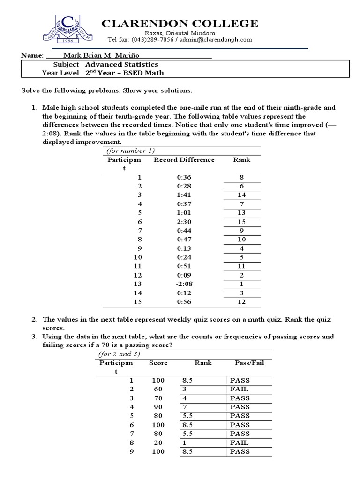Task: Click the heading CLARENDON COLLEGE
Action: click(x=180, y=23)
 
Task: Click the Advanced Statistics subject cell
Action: click(x=121, y=65)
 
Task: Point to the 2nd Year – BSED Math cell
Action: click(x=124, y=73)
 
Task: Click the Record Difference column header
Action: click(x=184, y=160)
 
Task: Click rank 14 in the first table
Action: click(x=242, y=195)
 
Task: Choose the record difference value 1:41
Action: click(x=184, y=195)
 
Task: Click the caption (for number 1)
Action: click(x=130, y=150)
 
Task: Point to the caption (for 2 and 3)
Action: click(x=121, y=354)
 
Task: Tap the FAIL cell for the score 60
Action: click(x=240, y=389)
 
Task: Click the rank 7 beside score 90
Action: click(x=185, y=407)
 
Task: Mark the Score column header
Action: click(x=158, y=363)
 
